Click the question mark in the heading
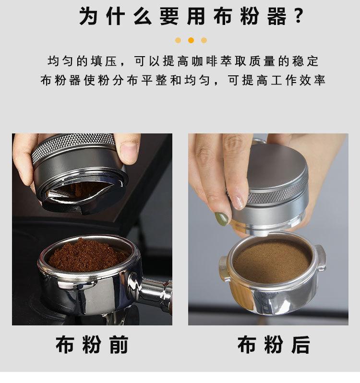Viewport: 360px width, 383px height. coord(298,16)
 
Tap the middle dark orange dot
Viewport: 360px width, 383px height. coord(191,40)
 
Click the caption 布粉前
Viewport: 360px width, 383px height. coord(92,345)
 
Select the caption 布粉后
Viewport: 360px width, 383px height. coord(274,345)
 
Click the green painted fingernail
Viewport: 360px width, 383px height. coord(221,218)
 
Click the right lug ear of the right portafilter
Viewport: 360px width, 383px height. coord(321,258)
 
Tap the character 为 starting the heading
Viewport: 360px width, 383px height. coord(88,16)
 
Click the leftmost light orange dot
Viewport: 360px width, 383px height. coord(178,40)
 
